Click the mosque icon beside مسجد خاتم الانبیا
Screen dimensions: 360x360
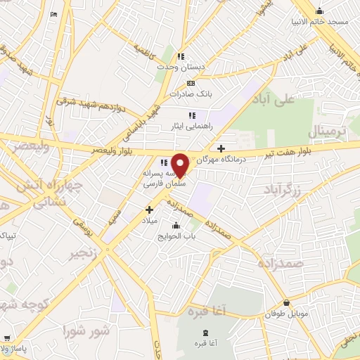pos(321,11)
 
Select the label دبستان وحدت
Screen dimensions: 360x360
pos(181,67)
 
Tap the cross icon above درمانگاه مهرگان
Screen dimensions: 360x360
pos(221,148)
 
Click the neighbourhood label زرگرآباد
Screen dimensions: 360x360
pos(282,189)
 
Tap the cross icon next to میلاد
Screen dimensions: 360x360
pos(149,209)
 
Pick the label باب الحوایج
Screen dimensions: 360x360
pos(175,236)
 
